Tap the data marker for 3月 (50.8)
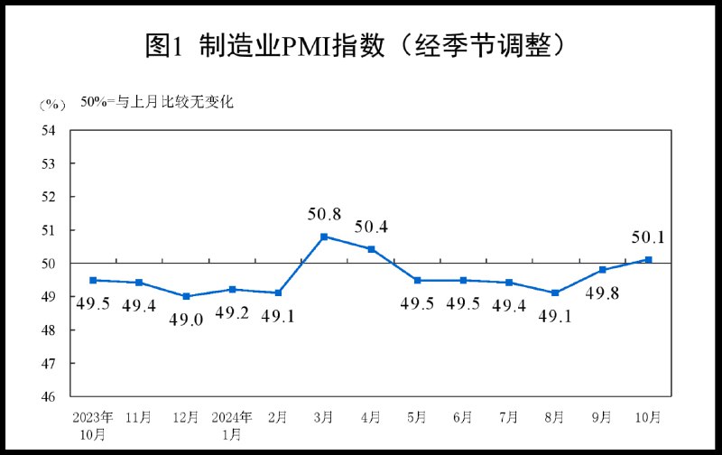click(324, 237)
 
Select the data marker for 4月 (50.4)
click(371, 249)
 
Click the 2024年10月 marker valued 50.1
click(648, 260)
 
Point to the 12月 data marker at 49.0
click(186, 296)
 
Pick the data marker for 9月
click(602, 270)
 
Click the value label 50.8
click(324, 215)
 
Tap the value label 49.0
click(186, 318)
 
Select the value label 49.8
click(602, 292)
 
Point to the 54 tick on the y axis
click(49, 130)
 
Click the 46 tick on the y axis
click(49, 396)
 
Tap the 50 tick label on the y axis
click(49, 264)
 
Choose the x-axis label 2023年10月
click(93, 425)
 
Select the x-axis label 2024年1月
click(232, 425)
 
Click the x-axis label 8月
click(555, 418)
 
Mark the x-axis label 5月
click(417, 418)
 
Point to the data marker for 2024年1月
click(232, 289)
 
